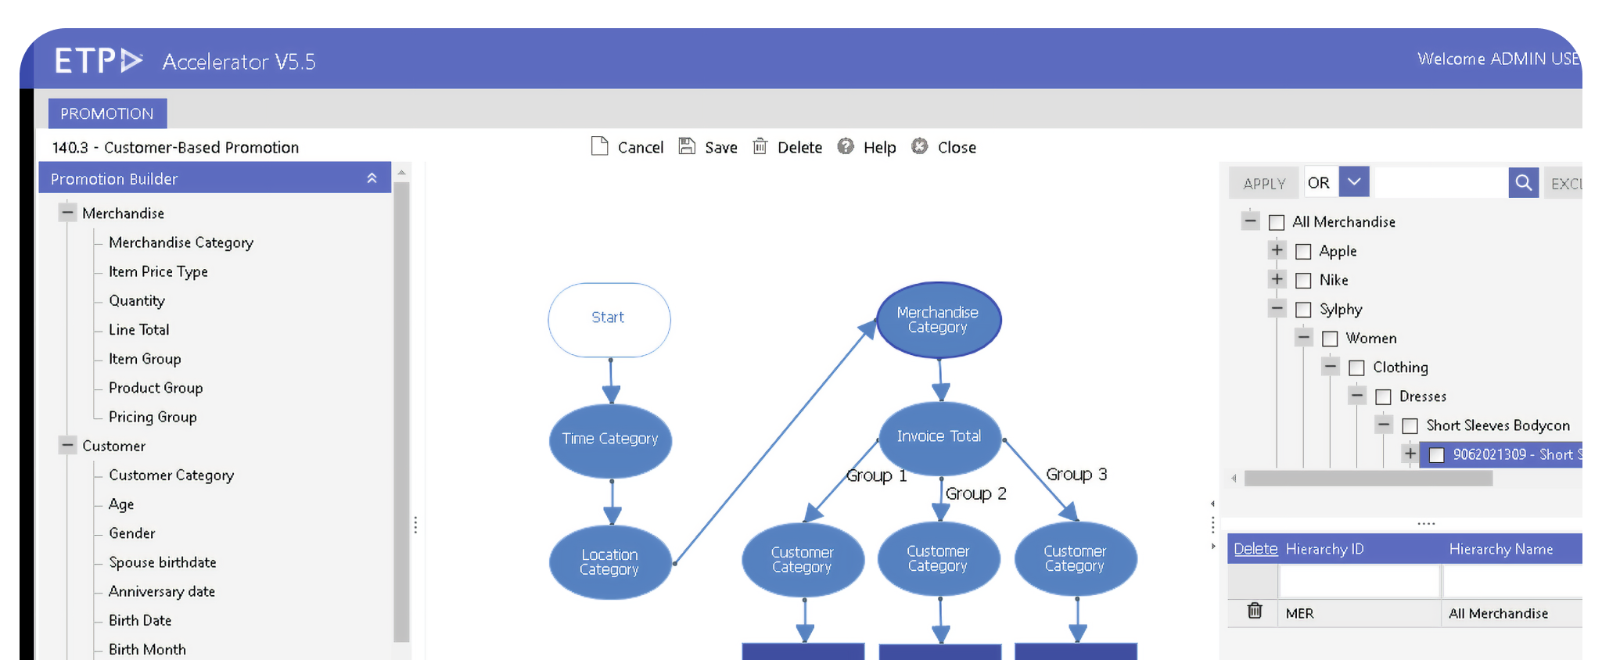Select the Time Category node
coord(610,439)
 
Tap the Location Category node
coord(610,561)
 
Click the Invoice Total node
coord(939,436)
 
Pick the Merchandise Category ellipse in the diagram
coord(938,319)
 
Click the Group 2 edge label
coord(975,493)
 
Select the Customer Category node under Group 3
coord(1075,558)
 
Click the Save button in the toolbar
coord(708,147)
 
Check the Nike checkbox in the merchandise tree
coord(1303,280)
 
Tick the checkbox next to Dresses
coord(1383,396)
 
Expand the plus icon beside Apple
coord(1277,250)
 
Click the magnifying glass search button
coord(1523,183)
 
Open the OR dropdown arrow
coord(1354,182)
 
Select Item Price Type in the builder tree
coord(158,271)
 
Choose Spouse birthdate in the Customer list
coord(162,562)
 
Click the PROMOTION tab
coord(107,113)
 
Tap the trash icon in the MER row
coord(1255,611)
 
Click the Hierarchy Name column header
coord(1500,549)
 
